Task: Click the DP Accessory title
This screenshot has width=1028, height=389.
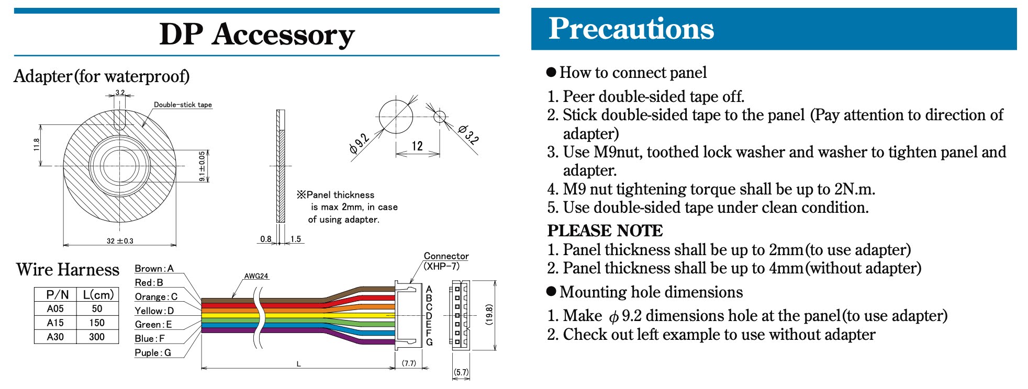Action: (256, 35)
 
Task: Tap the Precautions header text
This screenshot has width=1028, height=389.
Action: (631, 29)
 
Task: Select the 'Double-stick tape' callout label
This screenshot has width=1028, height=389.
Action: (183, 105)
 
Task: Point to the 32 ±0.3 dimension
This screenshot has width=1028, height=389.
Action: (120, 241)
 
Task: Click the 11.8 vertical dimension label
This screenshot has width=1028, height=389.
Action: (37, 144)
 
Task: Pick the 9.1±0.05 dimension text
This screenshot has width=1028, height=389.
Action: (202, 166)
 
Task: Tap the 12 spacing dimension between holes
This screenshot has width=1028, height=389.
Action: (417, 146)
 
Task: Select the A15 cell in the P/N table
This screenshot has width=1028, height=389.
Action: (55, 323)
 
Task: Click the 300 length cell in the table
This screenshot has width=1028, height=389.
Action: (97, 337)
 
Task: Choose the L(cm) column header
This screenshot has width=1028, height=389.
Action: (98, 294)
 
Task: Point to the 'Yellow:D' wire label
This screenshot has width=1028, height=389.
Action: (154, 311)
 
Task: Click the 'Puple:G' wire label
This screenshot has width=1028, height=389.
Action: (153, 352)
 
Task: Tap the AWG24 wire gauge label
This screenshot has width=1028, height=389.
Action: (256, 276)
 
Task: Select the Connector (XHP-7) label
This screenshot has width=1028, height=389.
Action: (445, 261)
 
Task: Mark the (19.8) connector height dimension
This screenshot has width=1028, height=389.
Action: (489, 315)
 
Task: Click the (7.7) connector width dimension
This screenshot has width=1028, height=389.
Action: (409, 363)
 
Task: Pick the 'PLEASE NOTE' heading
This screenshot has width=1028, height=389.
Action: (605, 231)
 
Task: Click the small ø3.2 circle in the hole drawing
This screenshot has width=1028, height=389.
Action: (440, 116)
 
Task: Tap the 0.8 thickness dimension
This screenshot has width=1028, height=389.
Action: (266, 239)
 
